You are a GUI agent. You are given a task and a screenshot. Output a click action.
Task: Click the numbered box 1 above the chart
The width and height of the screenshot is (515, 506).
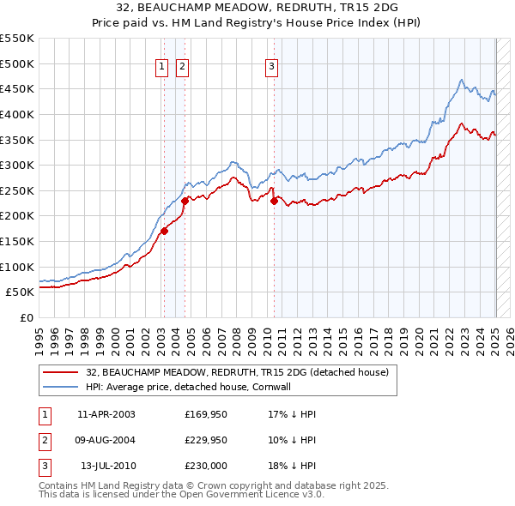162,69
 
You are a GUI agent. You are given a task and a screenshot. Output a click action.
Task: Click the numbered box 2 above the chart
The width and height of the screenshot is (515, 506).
183,69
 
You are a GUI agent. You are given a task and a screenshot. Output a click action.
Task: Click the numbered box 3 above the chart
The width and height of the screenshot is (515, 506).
271,69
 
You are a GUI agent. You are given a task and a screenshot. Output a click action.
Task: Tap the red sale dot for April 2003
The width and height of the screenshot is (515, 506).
164,230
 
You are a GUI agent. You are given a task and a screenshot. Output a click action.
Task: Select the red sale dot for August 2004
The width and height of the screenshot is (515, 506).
185,200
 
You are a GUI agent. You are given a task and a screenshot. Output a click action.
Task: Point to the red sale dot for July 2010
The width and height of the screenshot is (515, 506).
275,201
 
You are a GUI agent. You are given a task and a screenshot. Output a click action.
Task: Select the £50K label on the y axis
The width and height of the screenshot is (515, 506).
21,292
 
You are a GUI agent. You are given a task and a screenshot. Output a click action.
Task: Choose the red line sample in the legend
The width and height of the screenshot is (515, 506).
62,372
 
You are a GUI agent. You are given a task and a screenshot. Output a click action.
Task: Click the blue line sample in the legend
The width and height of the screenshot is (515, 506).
62,387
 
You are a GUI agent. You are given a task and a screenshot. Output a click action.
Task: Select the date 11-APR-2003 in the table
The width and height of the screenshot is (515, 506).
106,414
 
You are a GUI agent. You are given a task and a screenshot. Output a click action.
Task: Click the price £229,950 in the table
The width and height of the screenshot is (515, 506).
206,440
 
